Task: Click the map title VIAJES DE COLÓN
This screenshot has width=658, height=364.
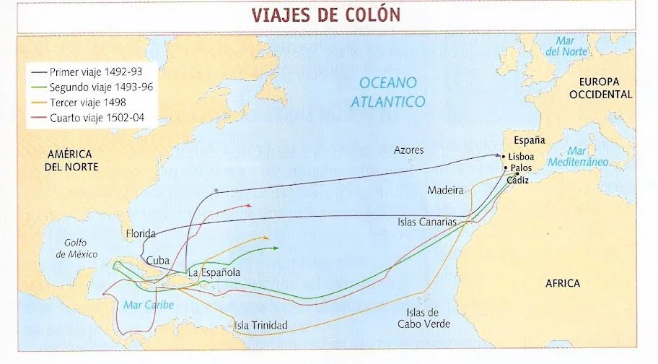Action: click(325, 15)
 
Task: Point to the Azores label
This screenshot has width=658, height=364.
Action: click(408, 150)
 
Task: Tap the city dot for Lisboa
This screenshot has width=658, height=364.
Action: click(504, 156)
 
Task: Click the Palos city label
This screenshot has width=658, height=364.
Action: click(520, 168)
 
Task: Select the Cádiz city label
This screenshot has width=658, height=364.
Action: click(518, 181)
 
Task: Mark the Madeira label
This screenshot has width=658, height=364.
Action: click(445, 191)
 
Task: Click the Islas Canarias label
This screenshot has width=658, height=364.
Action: click(427, 222)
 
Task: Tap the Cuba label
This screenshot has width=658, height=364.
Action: click(158, 260)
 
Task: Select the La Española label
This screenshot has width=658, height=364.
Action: click(214, 273)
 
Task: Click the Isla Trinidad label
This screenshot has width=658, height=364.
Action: click(260, 326)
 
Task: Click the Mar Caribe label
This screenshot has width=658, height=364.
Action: click(149, 305)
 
